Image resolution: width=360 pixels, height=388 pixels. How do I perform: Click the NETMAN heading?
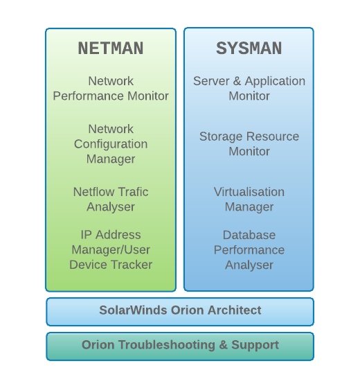[x=111, y=48]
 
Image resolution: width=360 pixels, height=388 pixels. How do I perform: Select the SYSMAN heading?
[x=249, y=48]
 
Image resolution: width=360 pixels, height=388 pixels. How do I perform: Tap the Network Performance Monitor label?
[x=111, y=89]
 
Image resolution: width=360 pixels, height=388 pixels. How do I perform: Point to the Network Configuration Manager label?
[x=111, y=144]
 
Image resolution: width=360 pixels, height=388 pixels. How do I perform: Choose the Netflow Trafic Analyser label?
[x=111, y=200]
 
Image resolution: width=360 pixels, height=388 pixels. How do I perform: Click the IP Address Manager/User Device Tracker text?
[x=111, y=249]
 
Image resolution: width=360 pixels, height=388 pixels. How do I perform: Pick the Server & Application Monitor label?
[x=249, y=89]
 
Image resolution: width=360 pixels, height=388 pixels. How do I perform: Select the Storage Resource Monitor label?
[x=249, y=144]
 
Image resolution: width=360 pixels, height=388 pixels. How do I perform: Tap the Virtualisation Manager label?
[x=249, y=200]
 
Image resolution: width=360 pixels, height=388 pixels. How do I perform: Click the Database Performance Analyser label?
[x=249, y=249]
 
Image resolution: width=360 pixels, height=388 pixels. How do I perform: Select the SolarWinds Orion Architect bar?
[x=180, y=312]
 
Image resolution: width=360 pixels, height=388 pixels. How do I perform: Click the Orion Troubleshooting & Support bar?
[x=180, y=346]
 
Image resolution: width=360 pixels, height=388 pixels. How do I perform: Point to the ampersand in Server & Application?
[x=237, y=81]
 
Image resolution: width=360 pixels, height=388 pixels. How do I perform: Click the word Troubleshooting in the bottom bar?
[x=167, y=345]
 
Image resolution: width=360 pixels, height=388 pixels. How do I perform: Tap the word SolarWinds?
[x=133, y=310]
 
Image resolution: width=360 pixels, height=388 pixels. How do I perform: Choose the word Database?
[x=249, y=235]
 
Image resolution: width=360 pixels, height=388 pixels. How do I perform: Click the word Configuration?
[x=111, y=144]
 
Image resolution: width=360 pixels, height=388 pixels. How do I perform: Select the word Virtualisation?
[x=249, y=192]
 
